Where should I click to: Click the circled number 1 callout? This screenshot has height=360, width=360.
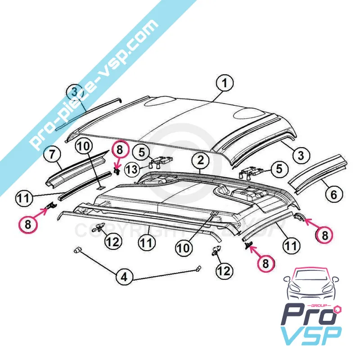pyautogui.click(x=225, y=84)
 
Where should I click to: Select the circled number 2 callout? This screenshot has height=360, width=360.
pyautogui.click(x=201, y=160)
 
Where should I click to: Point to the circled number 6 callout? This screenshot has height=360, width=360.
pyautogui.click(x=333, y=195)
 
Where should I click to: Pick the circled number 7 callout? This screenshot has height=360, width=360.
pyautogui.click(x=52, y=155)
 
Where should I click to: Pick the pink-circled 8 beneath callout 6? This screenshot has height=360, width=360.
pyautogui.click(x=325, y=234)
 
